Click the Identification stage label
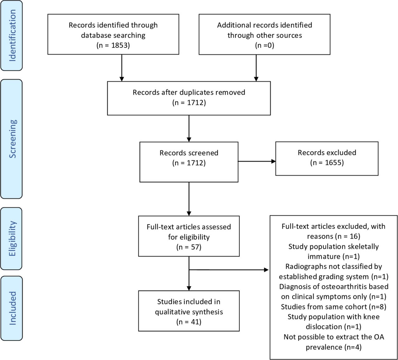pyautogui.click(x=12, y=35)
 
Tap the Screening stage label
pyautogui.click(x=12, y=139)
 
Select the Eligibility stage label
pyautogui.click(x=12, y=238)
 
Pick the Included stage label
pyautogui.click(x=12, y=308)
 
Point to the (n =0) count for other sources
pyautogui.click(x=265, y=45)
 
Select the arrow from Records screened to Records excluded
pyautogui.click(x=257, y=161)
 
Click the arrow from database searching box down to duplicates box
pyautogui.click(x=122, y=68)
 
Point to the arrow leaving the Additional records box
pyautogui.click(x=256, y=68)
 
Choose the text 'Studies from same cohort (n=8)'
pyautogui.click(x=334, y=307)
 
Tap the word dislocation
pyautogui.click(x=324, y=327)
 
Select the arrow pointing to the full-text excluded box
pyautogui.click(x=229, y=270)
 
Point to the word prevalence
pyautogui.click(x=324, y=347)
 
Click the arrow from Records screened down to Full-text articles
pyautogui.click(x=189, y=199)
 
